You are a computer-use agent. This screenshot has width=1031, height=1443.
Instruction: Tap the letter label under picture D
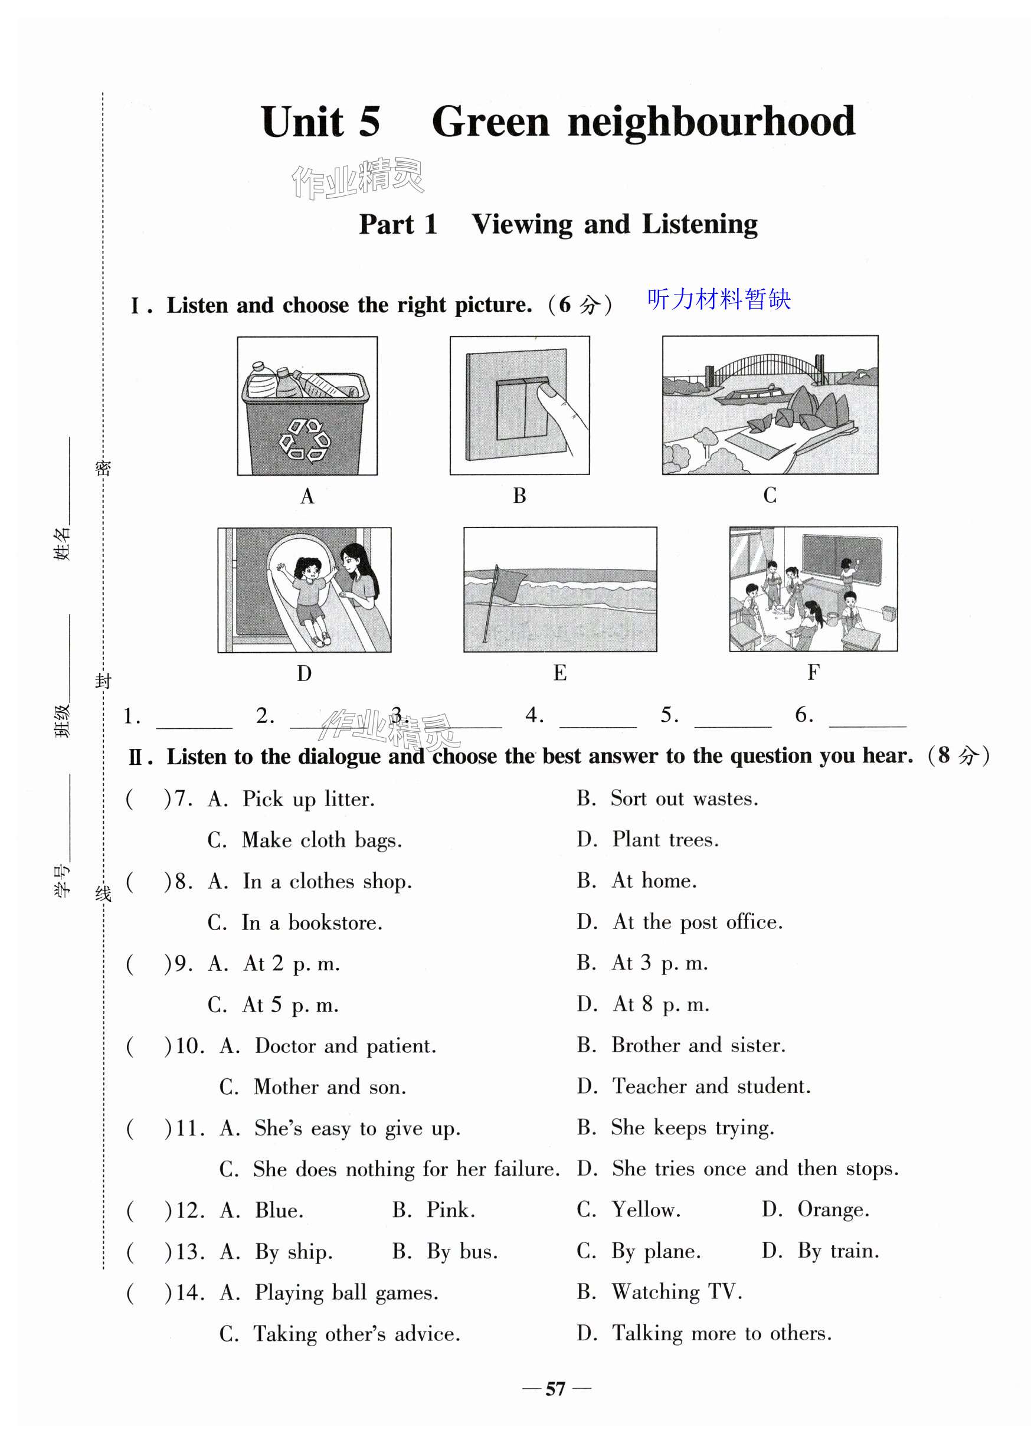point(304,673)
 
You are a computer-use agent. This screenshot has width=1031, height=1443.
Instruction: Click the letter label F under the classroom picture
point(813,672)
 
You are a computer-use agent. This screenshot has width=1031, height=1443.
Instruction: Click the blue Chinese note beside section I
point(719,299)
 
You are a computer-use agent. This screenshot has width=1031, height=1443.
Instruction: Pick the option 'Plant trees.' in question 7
point(665,840)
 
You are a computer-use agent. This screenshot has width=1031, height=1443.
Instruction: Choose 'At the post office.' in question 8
point(697,922)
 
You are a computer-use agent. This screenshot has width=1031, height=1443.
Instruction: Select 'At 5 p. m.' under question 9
point(290,1004)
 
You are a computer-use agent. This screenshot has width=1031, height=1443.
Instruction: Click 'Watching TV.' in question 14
point(676,1292)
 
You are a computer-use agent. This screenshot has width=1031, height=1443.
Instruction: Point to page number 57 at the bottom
point(555,1389)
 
